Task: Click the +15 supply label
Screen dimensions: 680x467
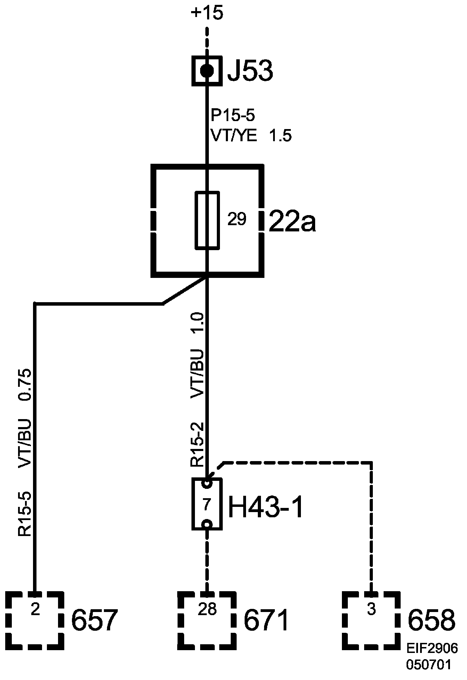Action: (207, 14)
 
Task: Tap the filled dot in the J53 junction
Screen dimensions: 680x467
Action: (207, 71)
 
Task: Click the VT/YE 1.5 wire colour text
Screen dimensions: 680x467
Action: (251, 136)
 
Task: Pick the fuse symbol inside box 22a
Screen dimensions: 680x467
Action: (207, 220)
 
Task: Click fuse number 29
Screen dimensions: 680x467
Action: (237, 219)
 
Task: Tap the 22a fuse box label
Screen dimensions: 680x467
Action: (292, 221)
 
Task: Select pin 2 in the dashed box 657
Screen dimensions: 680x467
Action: (35, 610)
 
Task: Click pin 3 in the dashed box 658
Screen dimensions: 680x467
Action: (371, 610)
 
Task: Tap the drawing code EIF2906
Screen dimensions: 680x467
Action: (432, 648)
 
